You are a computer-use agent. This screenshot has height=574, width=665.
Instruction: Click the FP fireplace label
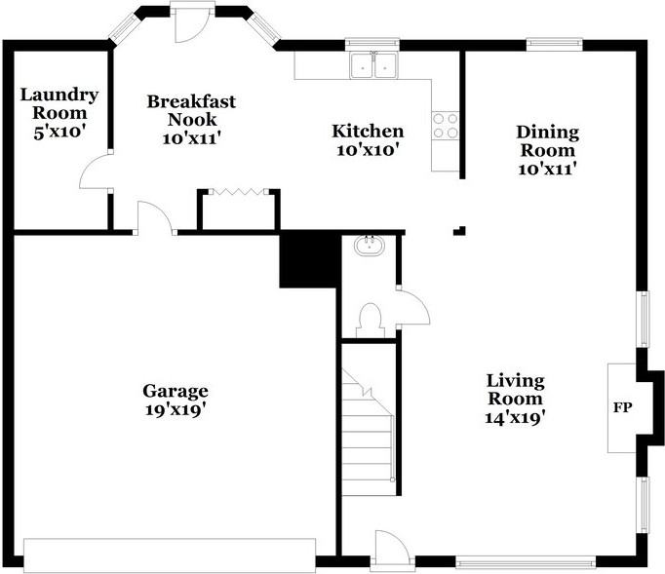tap(622, 407)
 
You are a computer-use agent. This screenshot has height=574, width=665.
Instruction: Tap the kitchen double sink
tap(373, 65)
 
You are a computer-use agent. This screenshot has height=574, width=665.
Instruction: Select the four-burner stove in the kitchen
tap(446, 126)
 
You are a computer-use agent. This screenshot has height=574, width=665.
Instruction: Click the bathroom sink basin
tap(370, 246)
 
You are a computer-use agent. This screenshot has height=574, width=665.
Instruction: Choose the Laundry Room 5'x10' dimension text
tap(59, 132)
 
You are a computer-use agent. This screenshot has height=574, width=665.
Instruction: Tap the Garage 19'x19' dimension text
tap(176, 410)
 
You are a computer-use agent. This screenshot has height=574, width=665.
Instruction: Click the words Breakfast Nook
tap(191, 110)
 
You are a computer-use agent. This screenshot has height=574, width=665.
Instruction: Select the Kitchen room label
tap(368, 131)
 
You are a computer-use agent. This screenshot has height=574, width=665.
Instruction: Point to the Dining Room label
tap(548, 141)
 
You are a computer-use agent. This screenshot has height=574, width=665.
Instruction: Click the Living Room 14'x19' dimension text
tap(515, 418)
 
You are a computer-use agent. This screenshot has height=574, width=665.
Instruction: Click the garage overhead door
tap(170, 555)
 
